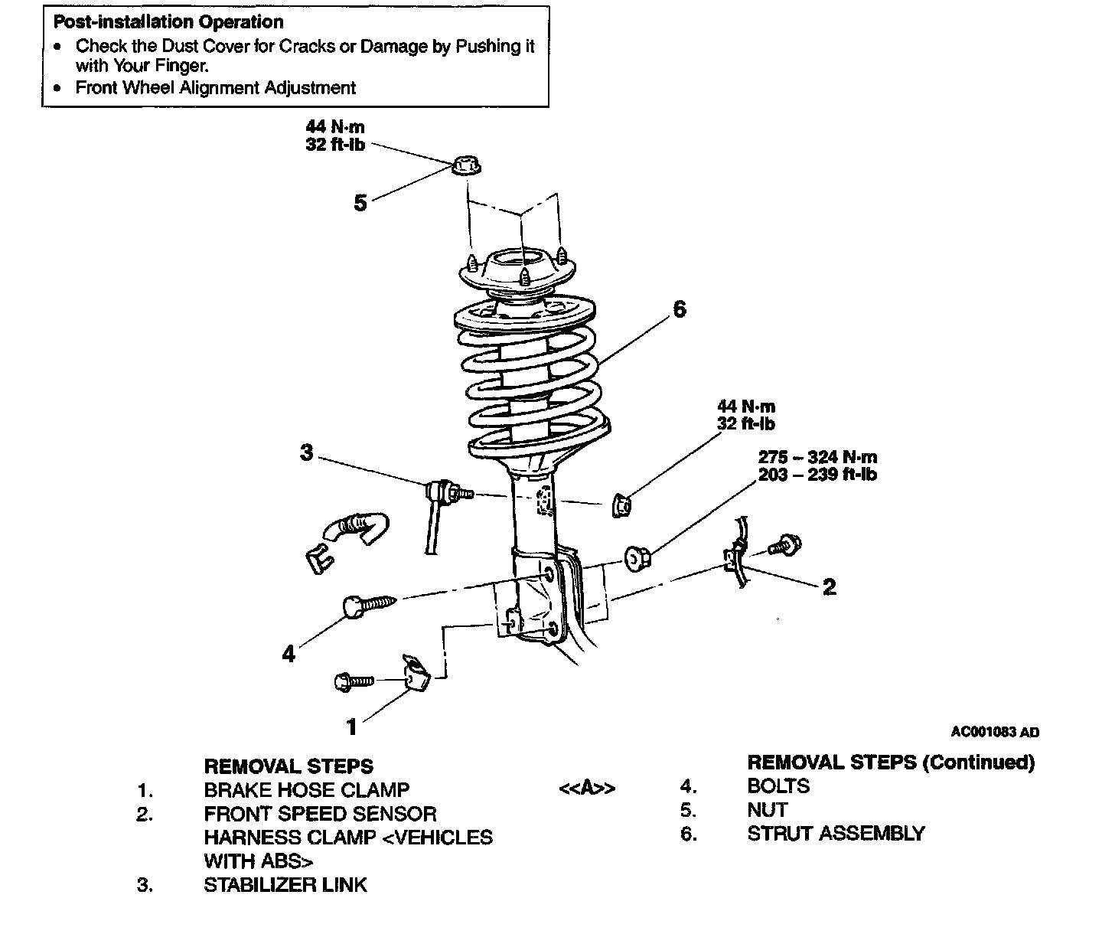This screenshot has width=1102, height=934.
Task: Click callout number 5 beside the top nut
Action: coord(360,203)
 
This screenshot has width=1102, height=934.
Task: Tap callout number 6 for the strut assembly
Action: coord(680,309)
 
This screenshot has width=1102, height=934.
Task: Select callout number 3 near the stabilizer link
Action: coord(307,452)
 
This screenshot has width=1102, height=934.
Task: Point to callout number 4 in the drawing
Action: coord(289,654)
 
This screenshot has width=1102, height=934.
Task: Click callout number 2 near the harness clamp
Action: coord(829,587)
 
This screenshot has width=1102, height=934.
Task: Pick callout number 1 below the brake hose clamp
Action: coord(352,726)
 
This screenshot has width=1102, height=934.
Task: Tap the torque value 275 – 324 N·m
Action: coord(817,457)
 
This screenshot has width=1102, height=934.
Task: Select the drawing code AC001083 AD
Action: coord(995,732)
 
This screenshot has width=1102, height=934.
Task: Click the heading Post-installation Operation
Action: coord(168,22)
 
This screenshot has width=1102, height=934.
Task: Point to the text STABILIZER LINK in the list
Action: coord(285,885)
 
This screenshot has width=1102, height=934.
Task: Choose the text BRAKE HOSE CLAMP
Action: coord(306,789)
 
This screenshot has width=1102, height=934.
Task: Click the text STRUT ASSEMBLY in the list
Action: coord(836,833)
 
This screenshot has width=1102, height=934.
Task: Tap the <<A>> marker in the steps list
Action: coord(587,788)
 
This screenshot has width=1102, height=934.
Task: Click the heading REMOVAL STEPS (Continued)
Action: coord(891,763)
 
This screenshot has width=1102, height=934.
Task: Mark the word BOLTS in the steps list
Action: coord(778,785)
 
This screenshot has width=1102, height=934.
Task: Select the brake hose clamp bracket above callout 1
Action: coord(416,671)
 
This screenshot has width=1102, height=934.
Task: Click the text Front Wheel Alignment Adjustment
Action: coord(215,88)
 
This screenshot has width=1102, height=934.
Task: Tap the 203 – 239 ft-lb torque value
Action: coord(817,475)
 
